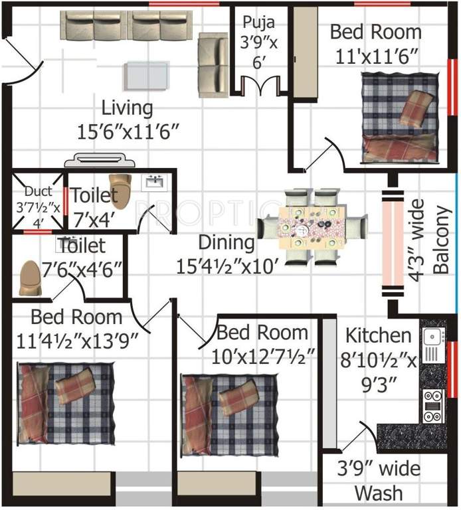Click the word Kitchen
pos(377,335)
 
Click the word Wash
pos(378,493)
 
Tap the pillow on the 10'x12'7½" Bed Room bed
pos(240,396)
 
